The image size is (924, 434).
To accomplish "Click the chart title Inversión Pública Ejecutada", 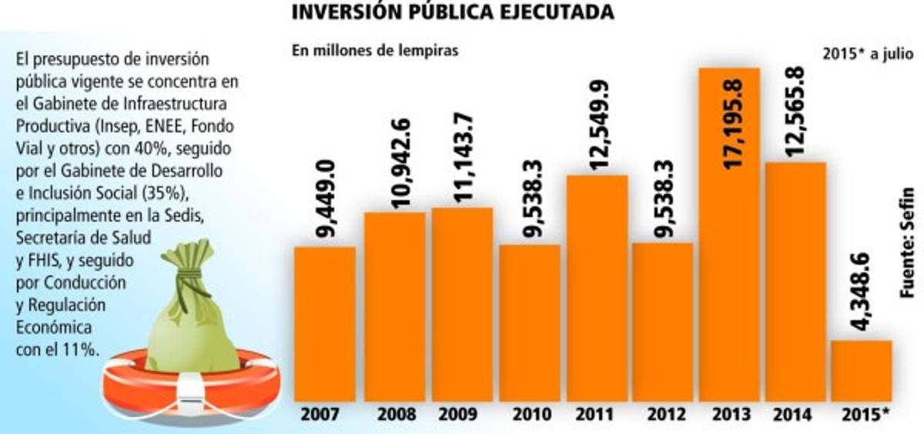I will [x=454, y=13].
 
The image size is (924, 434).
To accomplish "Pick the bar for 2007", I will [x=324, y=323].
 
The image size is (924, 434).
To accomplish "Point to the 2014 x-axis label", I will [x=792, y=414].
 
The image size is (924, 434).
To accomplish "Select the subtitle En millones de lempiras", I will [x=374, y=51].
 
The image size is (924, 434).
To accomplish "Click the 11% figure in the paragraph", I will [x=82, y=349].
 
